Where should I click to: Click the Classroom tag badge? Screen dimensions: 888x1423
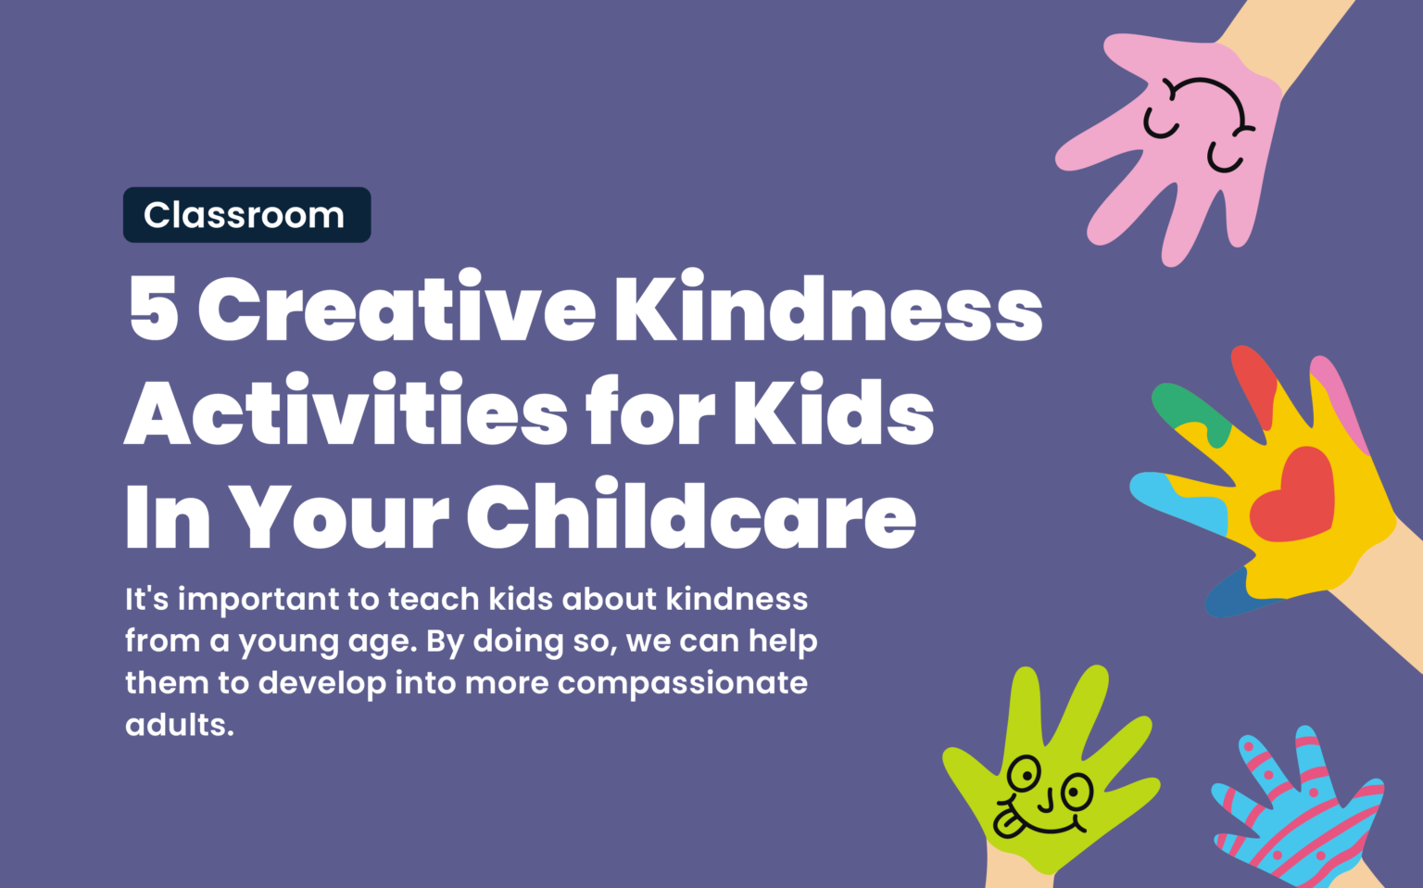pyautogui.click(x=246, y=215)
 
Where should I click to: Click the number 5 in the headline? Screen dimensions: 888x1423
pyautogui.click(x=154, y=309)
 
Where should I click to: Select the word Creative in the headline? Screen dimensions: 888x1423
pyautogui.click(x=397, y=309)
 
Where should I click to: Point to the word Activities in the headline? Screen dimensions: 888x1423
pyautogui.click(x=346, y=412)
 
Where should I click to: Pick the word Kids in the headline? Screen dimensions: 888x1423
pyautogui.click(x=833, y=412)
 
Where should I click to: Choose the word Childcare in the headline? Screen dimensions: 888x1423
pyautogui.click(x=690, y=515)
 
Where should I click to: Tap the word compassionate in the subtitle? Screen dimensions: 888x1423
pyautogui.click(x=682, y=684)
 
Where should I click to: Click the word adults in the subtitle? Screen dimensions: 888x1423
pyautogui.click(x=179, y=725)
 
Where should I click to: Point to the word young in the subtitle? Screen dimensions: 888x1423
pyautogui.click(x=288, y=642)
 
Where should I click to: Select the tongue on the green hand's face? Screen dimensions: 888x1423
pyautogui.click(x=1007, y=822)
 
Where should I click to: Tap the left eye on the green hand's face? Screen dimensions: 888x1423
pyautogui.click(x=1025, y=771)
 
